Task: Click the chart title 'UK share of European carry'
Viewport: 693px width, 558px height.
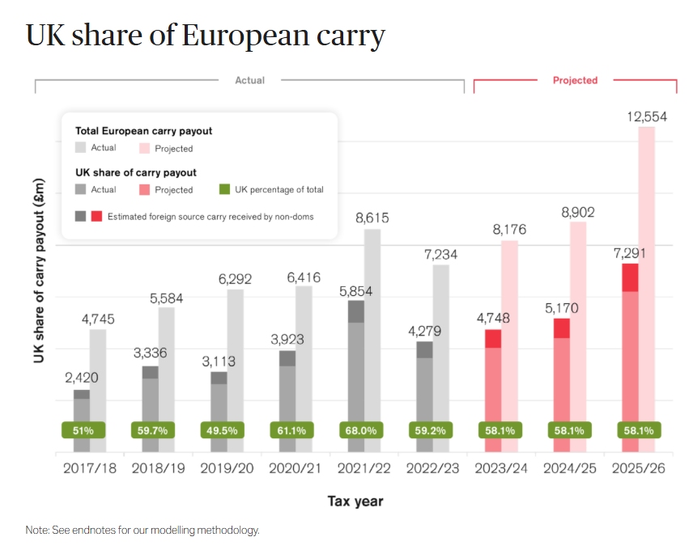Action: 206,36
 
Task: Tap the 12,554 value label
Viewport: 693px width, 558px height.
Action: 646,116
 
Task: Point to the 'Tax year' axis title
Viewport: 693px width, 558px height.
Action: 355,501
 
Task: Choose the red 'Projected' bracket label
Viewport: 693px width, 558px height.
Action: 575,80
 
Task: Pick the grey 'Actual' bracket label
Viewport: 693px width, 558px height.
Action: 249,80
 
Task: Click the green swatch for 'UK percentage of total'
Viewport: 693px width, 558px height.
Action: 224,189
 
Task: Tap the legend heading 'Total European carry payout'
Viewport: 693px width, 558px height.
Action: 143,130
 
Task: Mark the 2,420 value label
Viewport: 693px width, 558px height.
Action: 82,378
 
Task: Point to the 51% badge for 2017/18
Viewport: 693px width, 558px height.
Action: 83,430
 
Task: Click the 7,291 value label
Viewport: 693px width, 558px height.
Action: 631,253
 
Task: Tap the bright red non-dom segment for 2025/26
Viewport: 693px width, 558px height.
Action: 630,277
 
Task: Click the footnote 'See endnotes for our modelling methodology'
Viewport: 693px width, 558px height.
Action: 142,531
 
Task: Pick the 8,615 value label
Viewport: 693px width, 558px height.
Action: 372,218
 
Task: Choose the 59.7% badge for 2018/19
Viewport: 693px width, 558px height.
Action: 152,430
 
